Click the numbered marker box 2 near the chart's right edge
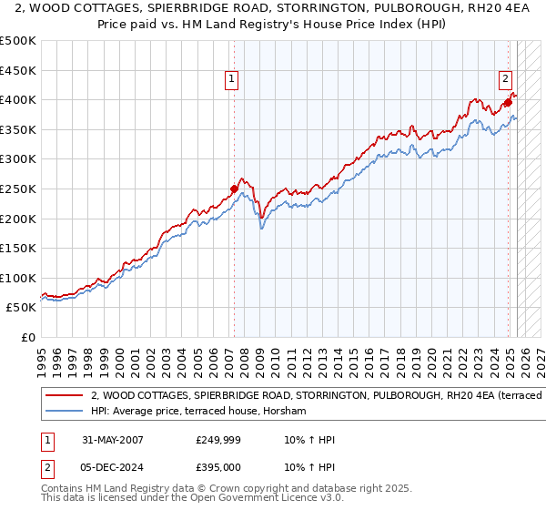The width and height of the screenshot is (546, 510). (505, 79)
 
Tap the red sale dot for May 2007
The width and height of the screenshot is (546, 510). (234, 189)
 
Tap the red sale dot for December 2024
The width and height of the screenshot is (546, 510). (508, 102)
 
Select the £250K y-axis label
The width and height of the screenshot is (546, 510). (18, 189)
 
